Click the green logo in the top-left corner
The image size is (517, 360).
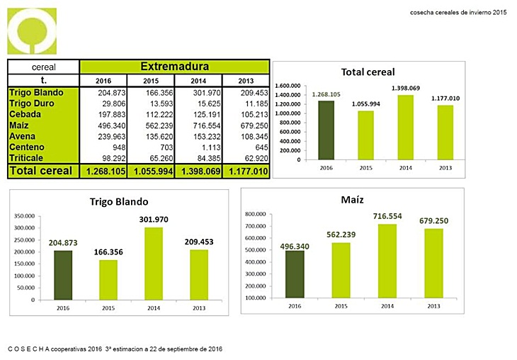pos(32,29)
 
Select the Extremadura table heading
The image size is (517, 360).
pos(174,67)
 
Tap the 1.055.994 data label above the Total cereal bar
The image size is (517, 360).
pos(365,104)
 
